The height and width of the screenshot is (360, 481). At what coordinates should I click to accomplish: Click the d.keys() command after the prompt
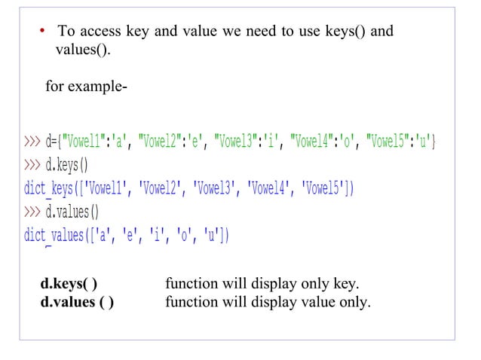click(x=67, y=164)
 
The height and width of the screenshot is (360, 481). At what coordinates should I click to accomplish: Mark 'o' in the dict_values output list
click(x=182, y=235)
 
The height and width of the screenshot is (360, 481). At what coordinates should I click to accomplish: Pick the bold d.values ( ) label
click(x=78, y=303)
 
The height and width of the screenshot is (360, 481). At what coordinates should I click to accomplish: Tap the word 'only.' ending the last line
click(x=355, y=303)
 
